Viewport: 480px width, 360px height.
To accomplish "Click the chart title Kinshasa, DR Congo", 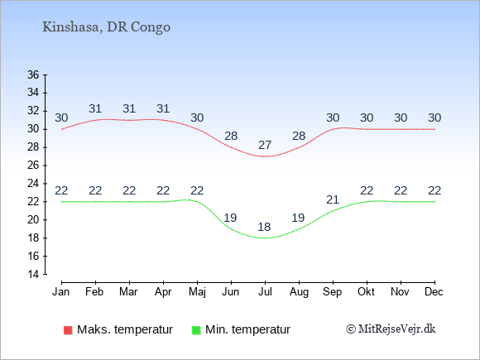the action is pos(106,27).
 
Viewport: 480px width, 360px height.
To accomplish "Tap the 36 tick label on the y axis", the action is pos(33,74).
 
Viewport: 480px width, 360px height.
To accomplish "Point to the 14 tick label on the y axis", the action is pos(33,274).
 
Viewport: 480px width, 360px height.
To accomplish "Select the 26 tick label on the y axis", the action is pos(33,166).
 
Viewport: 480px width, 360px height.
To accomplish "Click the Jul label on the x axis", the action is pos(265,292).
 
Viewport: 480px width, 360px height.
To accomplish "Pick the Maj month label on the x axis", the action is pos(197,292).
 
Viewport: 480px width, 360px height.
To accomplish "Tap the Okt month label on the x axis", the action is pos(366,292).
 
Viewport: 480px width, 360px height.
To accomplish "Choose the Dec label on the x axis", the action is pos(434,292).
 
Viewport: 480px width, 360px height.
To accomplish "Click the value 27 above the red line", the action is pos(265,145).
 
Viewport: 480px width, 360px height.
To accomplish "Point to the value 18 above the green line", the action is pos(264,227).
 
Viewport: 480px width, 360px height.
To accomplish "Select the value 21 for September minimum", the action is pos(333,199).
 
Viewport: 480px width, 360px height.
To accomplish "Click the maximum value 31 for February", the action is pos(95,108).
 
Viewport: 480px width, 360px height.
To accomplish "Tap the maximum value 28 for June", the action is pos(231,136).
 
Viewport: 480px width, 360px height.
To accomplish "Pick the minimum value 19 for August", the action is pos(298,218).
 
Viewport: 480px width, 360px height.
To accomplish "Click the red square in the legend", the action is pos(68,330).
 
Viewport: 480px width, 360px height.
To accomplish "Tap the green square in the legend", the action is pos(196,330).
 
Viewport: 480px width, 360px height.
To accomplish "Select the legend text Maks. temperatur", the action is pos(125,329).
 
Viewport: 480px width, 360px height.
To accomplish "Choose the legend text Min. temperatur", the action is pos(247,329).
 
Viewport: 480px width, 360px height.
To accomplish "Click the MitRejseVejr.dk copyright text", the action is pos(391,329).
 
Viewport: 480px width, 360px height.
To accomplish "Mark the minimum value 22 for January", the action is pos(61,190).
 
